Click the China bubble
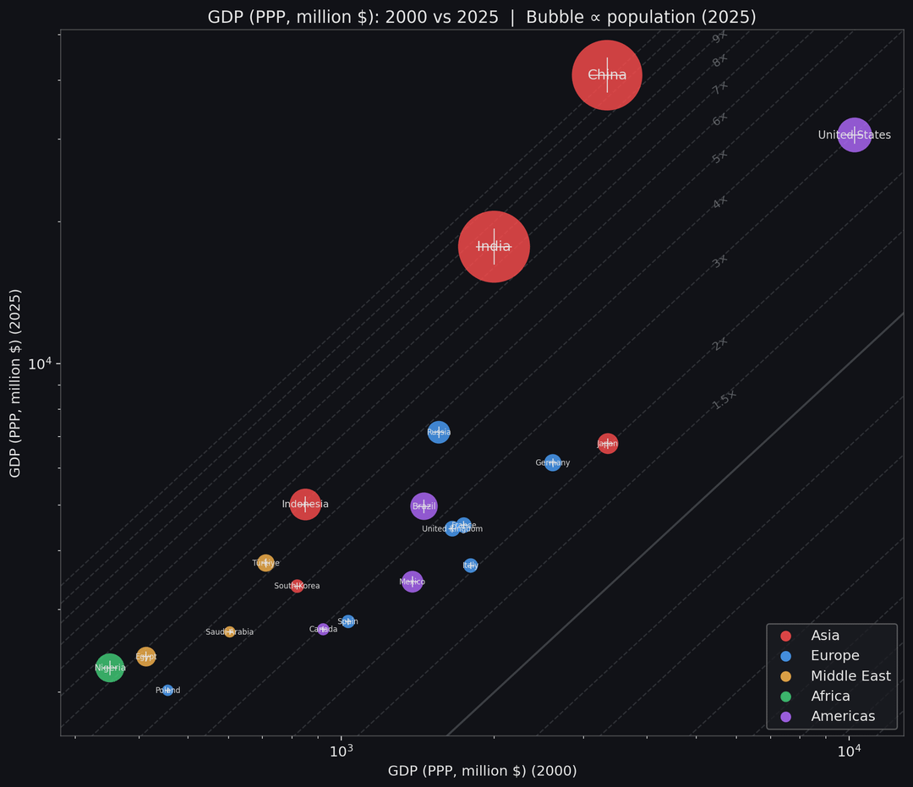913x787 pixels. coord(607,75)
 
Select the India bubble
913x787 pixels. coord(494,246)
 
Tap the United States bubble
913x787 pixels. coord(855,134)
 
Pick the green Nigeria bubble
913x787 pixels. coord(110,668)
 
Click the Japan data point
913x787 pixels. coord(607,443)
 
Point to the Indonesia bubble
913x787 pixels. coord(305,504)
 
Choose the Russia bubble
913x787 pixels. coord(439,432)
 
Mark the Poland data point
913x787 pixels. coord(167,690)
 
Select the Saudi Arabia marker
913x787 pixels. coord(229,631)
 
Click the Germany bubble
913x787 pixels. coord(553,462)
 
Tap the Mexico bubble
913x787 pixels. coord(412,582)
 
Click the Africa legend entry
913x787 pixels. coord(830,697)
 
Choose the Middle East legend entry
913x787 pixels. coord(850,676)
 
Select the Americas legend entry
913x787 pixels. coord(842,717)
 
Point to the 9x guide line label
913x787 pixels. coord(720,37)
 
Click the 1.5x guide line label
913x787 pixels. coord(724,400)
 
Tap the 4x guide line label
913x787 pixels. coord(720,203)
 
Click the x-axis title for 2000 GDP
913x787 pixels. coord(482,771)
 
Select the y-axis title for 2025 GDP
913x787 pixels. coord(15,383)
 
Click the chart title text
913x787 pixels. coord(482,17)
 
